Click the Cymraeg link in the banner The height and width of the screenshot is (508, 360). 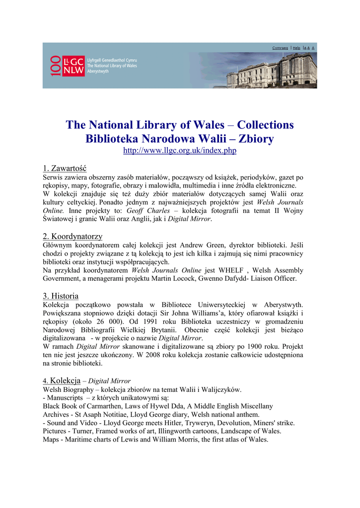click(x=280, y=48)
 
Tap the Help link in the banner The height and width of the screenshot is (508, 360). click(x=296, y=48)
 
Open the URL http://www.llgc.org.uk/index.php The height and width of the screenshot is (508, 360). click(x=180, y=151)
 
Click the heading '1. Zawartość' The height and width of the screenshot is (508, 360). click(x=65, y=168)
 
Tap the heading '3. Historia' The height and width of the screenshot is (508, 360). click(x=61, y=296)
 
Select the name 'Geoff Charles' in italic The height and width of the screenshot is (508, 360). click(x=147, y=211)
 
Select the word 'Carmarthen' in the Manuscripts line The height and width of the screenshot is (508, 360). click(x=93, y=406)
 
